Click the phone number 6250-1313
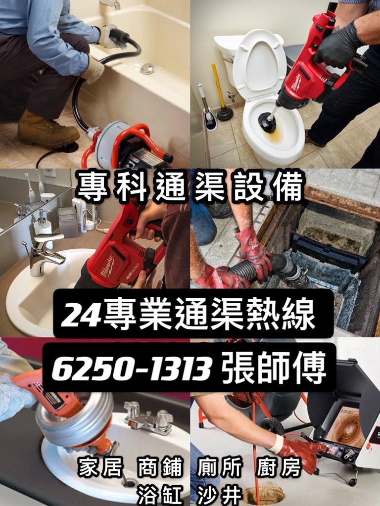coord(132,368)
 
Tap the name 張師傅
coord(274,368)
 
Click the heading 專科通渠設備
coord(190,186)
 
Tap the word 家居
coord(100,467)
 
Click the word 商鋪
coord(160,467)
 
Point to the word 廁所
coord(220,467)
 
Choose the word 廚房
coord(279,467)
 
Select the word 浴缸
coord(160,495)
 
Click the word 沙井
coord(220,495)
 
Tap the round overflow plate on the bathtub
coord(147,68)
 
